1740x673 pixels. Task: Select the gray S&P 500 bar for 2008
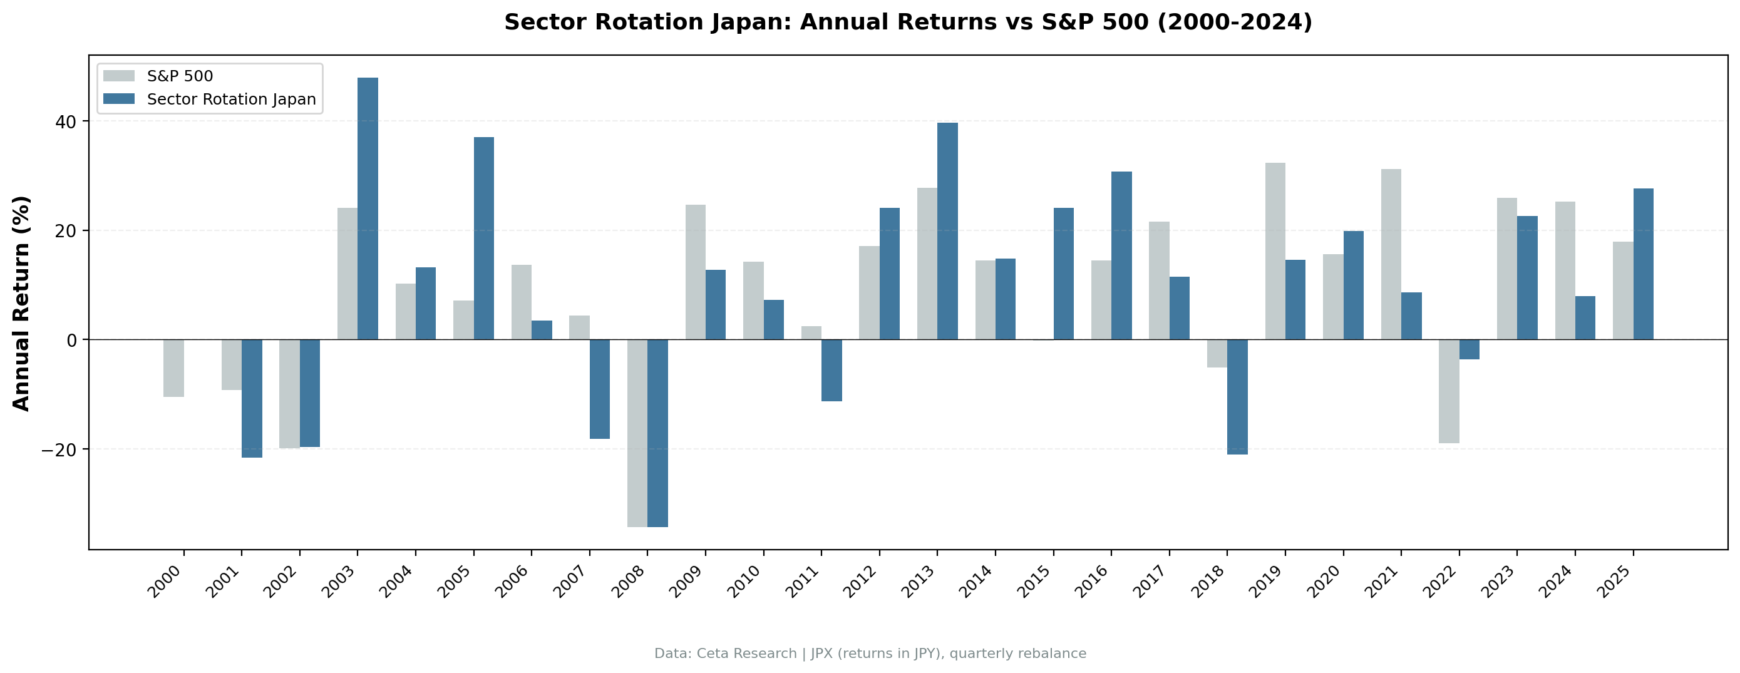point(637,433)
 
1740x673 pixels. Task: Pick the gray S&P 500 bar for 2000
point(173,367)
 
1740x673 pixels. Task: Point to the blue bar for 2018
point(1237,397)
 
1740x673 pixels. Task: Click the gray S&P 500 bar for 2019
point(1275,250)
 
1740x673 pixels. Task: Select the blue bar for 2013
point(947,230)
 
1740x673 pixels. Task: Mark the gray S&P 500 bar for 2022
point(1448,391)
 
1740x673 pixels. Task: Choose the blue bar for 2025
point(1643,264)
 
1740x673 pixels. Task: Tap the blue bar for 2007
point(599,389)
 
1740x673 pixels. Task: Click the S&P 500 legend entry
point(180,76)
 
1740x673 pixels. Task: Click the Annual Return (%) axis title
point(22,304)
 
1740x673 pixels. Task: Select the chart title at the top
point(908,23)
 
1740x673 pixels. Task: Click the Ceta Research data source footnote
point(870,654)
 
